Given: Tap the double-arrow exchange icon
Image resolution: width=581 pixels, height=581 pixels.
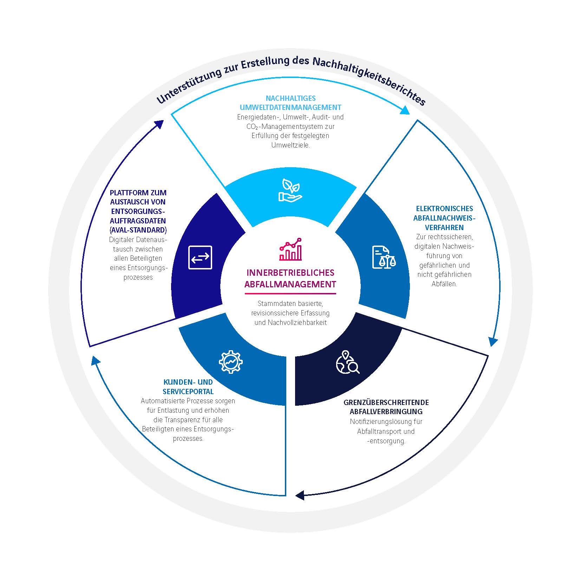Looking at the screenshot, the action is [x=200, y=257].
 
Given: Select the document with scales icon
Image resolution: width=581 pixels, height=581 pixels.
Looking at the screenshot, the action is [x=384, y=257].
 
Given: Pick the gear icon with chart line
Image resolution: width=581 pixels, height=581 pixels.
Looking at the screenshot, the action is [x=231, y=361].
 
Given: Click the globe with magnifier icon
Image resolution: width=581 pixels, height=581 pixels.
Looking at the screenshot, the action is [x=347, y=362].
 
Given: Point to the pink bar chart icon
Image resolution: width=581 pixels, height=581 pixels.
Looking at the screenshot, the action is [x=290, y=249].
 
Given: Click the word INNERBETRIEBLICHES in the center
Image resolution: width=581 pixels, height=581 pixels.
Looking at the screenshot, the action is [x=290, y=273].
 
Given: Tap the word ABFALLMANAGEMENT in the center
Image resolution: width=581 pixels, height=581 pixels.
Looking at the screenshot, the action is [x=290, y=285].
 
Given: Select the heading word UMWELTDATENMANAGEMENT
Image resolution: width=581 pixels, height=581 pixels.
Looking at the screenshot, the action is [x=290, y=107].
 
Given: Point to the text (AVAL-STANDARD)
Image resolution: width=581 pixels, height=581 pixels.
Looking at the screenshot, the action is [x=138, y=230].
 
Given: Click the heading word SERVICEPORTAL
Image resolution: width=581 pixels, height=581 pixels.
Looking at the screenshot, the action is [x=188, y=391].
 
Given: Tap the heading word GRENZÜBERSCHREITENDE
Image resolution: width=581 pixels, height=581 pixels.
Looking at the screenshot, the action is [x=386, y=402].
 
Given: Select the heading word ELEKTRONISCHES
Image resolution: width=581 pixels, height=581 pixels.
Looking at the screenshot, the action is [x=444, y=209].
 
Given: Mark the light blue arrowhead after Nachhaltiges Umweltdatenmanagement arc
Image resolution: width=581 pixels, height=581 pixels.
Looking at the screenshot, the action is [x=405, y=110].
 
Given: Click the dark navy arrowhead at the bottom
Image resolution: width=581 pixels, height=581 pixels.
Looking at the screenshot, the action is [x=300, y=496].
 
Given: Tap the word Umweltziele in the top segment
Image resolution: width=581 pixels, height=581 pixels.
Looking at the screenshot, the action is [x=290, y=145].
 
